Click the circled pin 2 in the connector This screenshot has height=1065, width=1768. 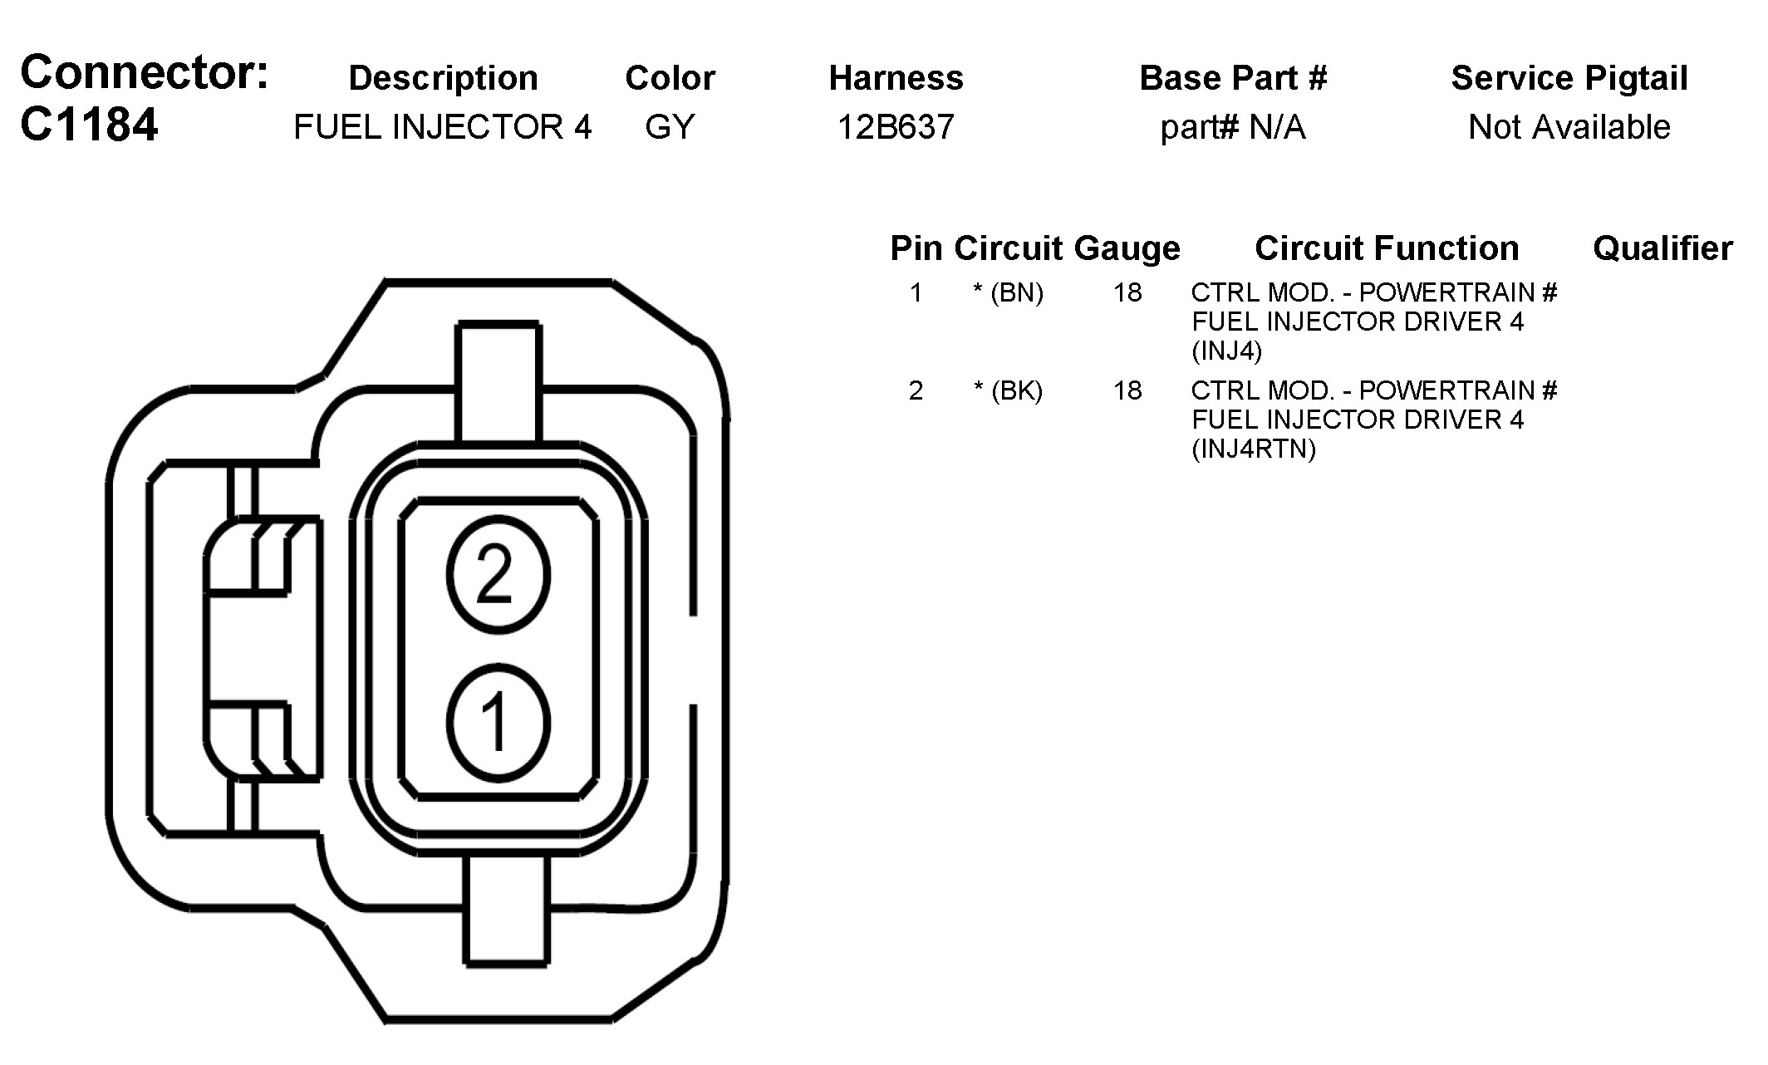coord(498,574)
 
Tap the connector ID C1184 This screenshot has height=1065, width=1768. coord(89,125)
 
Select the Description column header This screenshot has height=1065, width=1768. coord(443,78)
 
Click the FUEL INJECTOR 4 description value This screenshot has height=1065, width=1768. coord(443,127)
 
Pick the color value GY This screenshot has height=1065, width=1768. coord(670,127)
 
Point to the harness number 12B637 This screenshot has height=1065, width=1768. coord(896,127)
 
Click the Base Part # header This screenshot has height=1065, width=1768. coord(1233,78)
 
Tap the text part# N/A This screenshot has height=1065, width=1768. coord(1233,128)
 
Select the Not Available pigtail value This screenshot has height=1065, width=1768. coord(1569,127)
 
